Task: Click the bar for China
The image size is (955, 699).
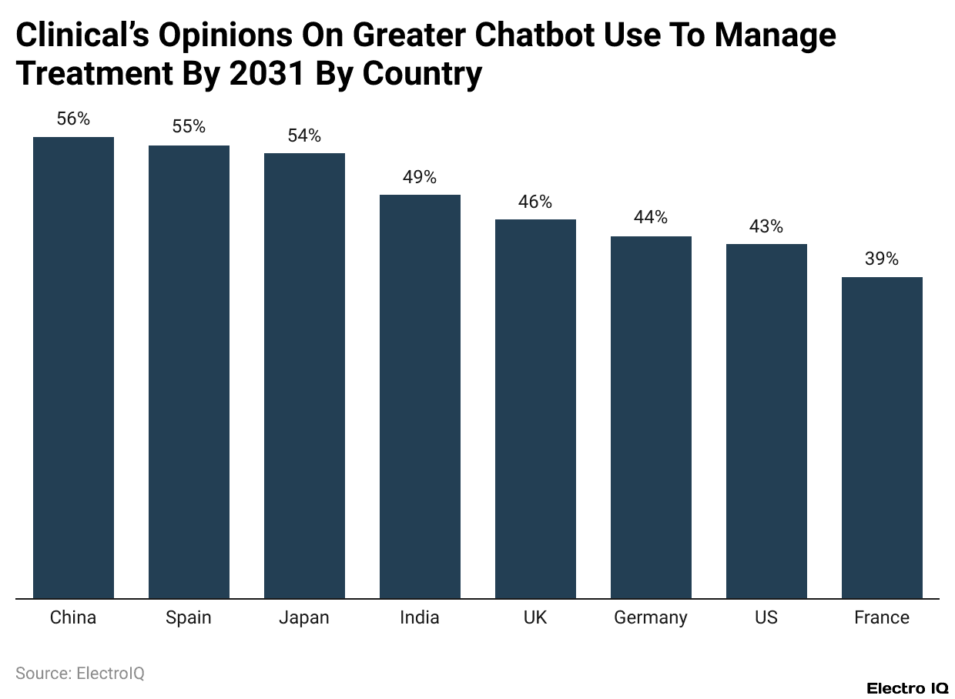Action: pyautogui.click(x=73, y=367)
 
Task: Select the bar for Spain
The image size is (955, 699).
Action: pyautogui.click(x=189, y=371)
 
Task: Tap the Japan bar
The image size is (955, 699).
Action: pyautogui.click(x=304, y=375)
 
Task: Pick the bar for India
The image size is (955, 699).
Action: pyautogui.click(x=420, y=396)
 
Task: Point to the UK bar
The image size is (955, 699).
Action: pyautogui.click(x=535, y=408)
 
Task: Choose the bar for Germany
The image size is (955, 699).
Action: pyautogui.click(x=651, y=416)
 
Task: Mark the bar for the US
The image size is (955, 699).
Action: pyautogui.click(x=766, y=420)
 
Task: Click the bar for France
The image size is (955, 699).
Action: pyautogui.click(x=882, y=437)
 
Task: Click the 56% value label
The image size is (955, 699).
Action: pyautogui.click(x=73, y=119)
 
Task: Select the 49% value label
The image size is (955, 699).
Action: pyautogui.click(x=420, y=177)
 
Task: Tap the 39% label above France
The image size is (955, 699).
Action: pyautogui.click(x=882, y=259)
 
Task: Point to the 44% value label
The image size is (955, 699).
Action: pyautogui.click(x=651, y=218)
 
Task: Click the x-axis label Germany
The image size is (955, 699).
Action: pyautogui.click(x=651, y=617)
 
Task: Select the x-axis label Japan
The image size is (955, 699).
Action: pyautogui.click(x=304, y=617)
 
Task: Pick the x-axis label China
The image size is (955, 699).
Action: pyautogui.click(x=73, y=617)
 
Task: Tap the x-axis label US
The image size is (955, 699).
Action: pyautogui.click(x=766, y=617)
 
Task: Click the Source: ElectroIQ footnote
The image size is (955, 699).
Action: pyautogui.click(x=80, y=674)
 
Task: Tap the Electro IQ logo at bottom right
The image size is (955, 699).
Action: pyautogui.click(x=907, y=688)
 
